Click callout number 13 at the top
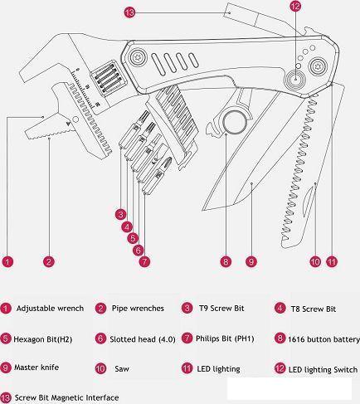[x=129, y=12]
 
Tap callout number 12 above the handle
[x=295, y=6]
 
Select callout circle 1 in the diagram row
[x=7, y=261]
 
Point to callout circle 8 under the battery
[x=226, y=261]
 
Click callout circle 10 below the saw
[x=315, y=261]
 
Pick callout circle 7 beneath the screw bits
[x=144, y=261]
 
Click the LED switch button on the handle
[x=295, y=79]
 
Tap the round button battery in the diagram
[x=235, y=122]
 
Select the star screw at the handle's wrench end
[x=137, y=57]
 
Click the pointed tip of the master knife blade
[x=204, y=209]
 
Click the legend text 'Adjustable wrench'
[x=50, y=308]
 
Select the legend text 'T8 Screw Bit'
[x=314, y=309]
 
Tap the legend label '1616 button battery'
[x=324, y=339]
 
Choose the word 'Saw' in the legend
[x=122, y=368]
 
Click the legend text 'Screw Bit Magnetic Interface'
[x=66, y=398]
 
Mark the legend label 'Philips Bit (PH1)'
[x=225, y=338]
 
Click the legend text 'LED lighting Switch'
[x=323, y=370]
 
